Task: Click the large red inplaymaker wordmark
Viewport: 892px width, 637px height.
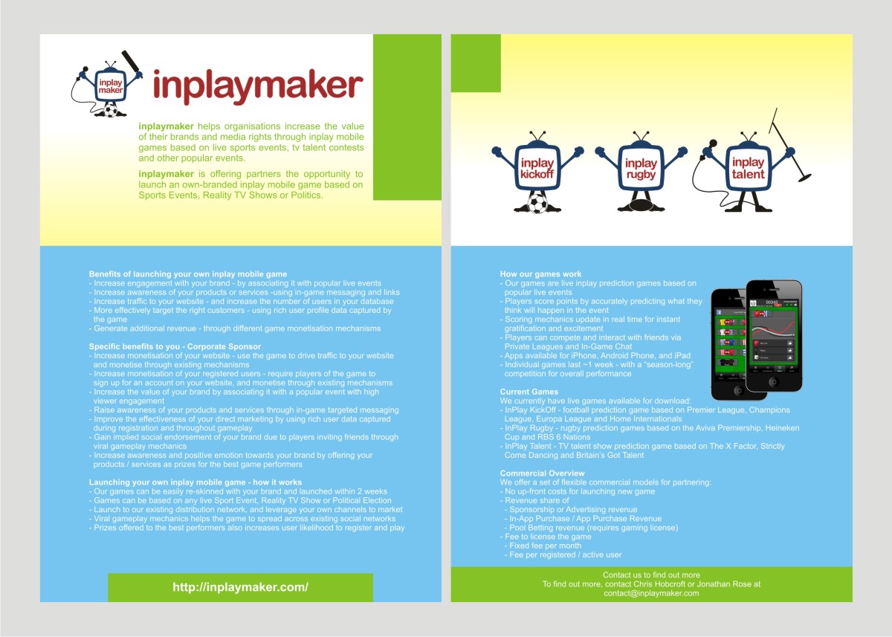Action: click(257, 85)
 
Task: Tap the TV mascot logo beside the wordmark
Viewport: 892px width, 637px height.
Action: click(109, 85)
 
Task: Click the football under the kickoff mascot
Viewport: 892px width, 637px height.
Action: click(536, 204)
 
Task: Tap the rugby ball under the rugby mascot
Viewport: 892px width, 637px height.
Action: click(640, 205)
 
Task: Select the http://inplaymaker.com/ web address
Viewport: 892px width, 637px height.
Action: click(240, 587)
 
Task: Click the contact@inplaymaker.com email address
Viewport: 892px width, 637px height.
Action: click(651, 593)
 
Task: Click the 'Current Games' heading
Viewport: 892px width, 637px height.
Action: click(529, 392)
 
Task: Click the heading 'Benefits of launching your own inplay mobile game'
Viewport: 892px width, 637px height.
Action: click(187, 274)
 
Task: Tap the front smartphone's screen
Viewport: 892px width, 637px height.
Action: click(774, 334)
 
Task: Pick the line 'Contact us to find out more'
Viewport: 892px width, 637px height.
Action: click(651, 575)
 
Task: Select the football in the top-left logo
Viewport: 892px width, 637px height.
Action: click(111, 111)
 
